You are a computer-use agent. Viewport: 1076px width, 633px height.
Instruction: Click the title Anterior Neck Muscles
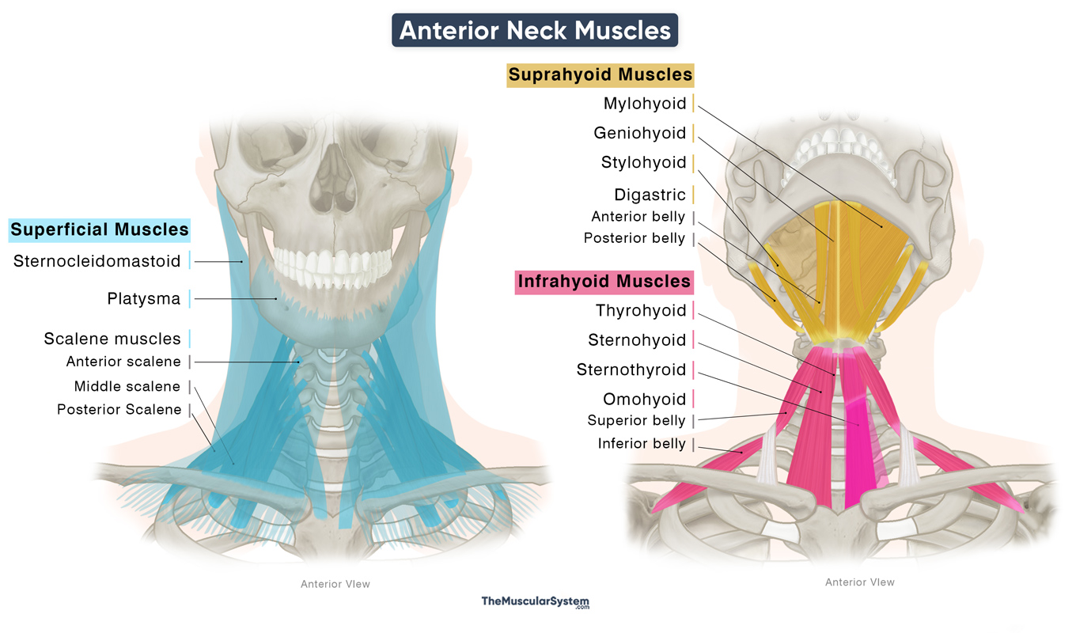click(x=535, y=30)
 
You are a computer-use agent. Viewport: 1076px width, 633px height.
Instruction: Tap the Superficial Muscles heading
click(x=100, y=230)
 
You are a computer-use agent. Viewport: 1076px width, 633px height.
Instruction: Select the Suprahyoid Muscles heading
click(x=601, y=75)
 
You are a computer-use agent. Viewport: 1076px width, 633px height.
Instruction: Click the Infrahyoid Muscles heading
click(x=604, y=282)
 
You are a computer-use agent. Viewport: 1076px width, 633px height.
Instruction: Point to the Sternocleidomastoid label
click(x=97, y=261)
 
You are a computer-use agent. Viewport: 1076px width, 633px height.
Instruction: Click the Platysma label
click(x=144, y=299)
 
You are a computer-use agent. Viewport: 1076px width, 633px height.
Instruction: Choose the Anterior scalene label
click(x=123, y=362)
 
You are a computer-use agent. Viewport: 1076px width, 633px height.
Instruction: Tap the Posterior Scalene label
click(x=119, y=410)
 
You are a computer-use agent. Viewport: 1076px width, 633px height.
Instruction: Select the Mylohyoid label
click(x=645, y=103)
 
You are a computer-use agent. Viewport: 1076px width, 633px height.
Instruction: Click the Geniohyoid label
click(x=640, y=133)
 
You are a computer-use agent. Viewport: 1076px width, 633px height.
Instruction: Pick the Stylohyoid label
click(x=643, y=163)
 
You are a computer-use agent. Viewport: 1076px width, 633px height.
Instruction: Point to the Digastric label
click(x=650, y=195)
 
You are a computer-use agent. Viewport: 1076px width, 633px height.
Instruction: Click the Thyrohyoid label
click(x=641, y=310)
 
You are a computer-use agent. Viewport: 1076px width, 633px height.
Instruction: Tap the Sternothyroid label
click(x=631, y=370)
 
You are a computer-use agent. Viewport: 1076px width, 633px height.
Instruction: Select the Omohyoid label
click(x=644, y=399)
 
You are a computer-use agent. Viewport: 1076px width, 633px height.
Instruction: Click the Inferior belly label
click(x=642, y=444)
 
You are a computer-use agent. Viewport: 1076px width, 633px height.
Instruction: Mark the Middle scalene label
click(x=127, y=386)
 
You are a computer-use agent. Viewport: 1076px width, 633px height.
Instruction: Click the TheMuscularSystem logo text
click(x=536, y=602)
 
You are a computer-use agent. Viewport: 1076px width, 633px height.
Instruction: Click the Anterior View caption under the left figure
click(x=335, y=585)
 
